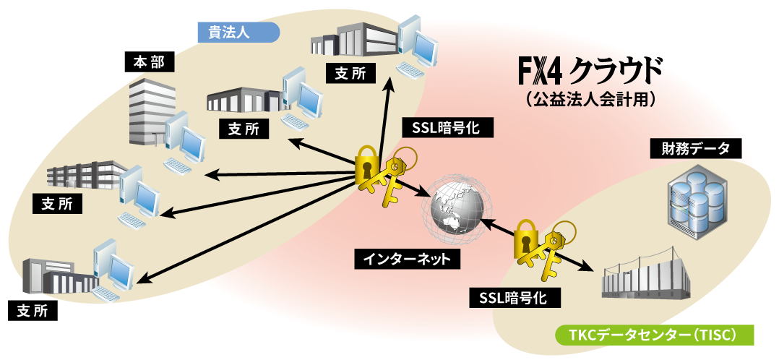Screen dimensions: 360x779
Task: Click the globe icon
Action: click(455, 210)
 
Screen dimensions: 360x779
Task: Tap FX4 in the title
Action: click(541, 71)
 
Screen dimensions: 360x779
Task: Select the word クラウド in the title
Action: click(615, 71)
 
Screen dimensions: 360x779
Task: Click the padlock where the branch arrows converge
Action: click(368, 166)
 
